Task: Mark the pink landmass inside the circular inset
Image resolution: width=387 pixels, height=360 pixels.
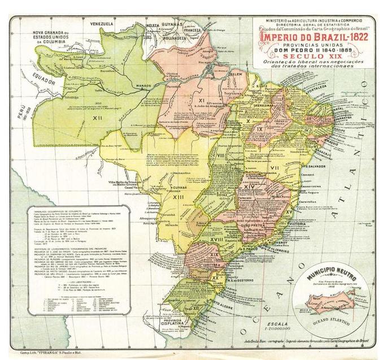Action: (x=333, y=298)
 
